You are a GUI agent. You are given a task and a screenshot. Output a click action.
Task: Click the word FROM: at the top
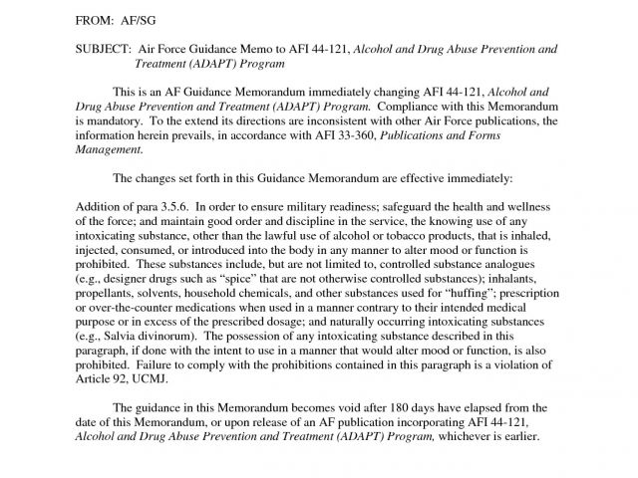(x=96, y=19)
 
